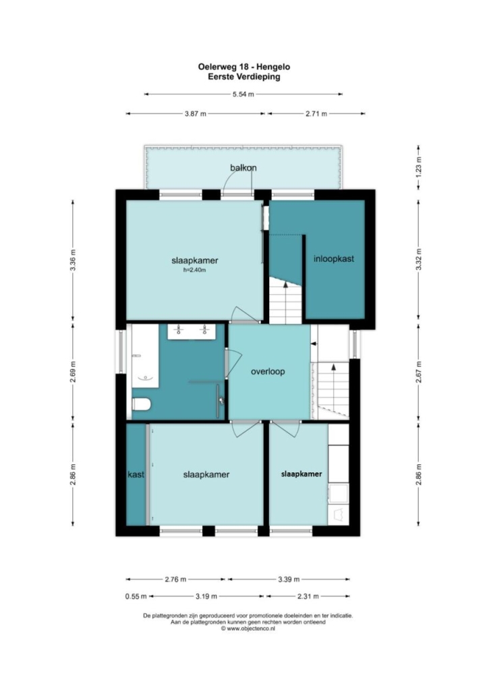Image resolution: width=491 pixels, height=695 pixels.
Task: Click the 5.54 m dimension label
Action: (x=243, y=94)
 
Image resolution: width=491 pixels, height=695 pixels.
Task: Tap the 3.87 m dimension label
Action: (x=196, y=113)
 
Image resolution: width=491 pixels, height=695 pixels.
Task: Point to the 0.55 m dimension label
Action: (x=136, y=596)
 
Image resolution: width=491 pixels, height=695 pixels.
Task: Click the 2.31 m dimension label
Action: (x=308, y=596)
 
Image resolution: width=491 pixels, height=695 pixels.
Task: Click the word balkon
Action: (x=243, y=168)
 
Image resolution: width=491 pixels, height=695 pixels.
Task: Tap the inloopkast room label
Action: (x=334, y=258)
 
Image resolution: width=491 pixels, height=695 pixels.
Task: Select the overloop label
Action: (x=268, y=371)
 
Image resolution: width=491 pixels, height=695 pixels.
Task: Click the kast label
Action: (x=136, y=474)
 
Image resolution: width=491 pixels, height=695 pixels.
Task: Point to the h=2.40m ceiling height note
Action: (x=195, y=270)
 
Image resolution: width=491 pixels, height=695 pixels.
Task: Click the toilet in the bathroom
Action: (x=142, y=404)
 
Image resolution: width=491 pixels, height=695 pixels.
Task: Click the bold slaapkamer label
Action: (x=301, y=474)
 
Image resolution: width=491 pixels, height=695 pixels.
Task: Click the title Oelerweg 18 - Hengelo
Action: (x=244, y=67)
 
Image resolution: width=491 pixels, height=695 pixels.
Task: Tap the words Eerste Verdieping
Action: (x=244, y=76)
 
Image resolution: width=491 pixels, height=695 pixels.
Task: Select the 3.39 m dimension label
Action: (x=289, y=579)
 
